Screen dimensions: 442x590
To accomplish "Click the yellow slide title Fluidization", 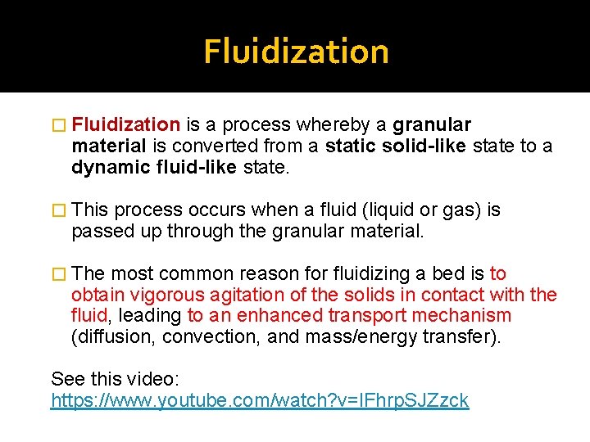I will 296,52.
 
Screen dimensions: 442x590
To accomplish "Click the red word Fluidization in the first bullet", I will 125,125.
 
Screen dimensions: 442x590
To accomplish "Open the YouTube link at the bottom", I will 260,400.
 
